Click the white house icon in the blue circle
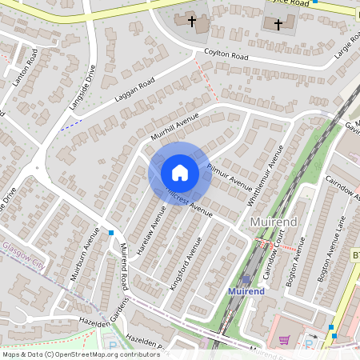tap(180, 173)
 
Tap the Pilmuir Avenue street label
tap(230, 177)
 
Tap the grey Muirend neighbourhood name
tap(274, 221)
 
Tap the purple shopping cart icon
tap(284, 339)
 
